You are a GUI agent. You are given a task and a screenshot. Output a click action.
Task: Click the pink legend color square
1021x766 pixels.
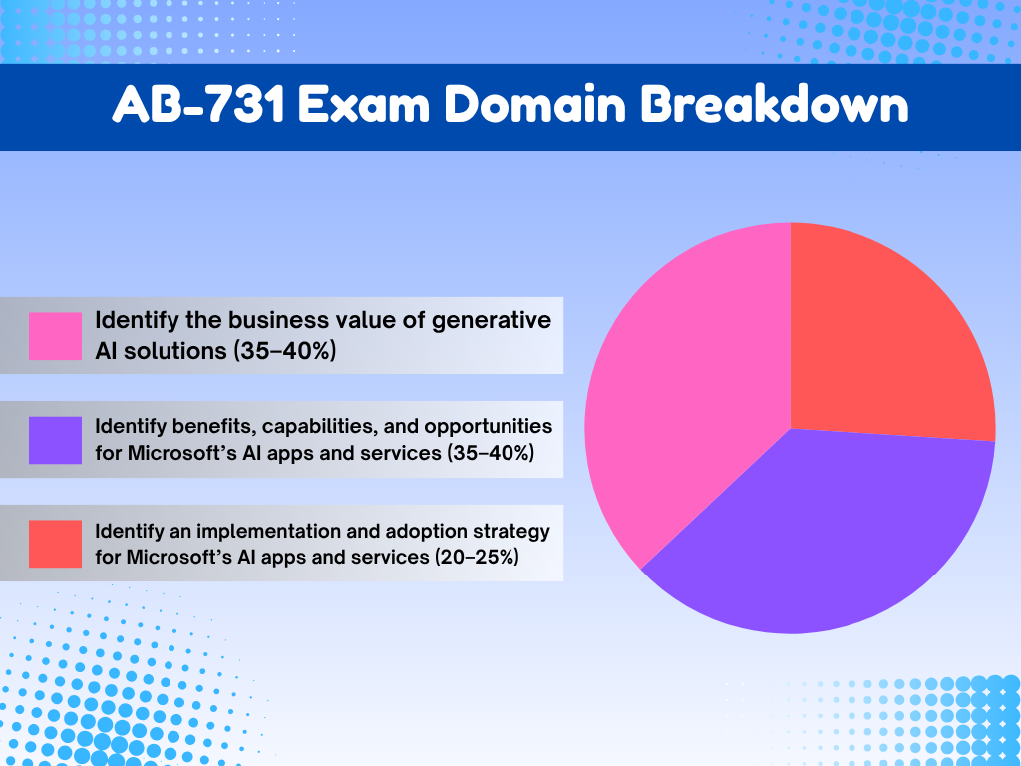click(x=55, y=336)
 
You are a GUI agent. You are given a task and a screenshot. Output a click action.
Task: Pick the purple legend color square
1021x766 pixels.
click(x=55, y=440)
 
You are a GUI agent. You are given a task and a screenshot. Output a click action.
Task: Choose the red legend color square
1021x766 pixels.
click(x=55, y=544)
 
